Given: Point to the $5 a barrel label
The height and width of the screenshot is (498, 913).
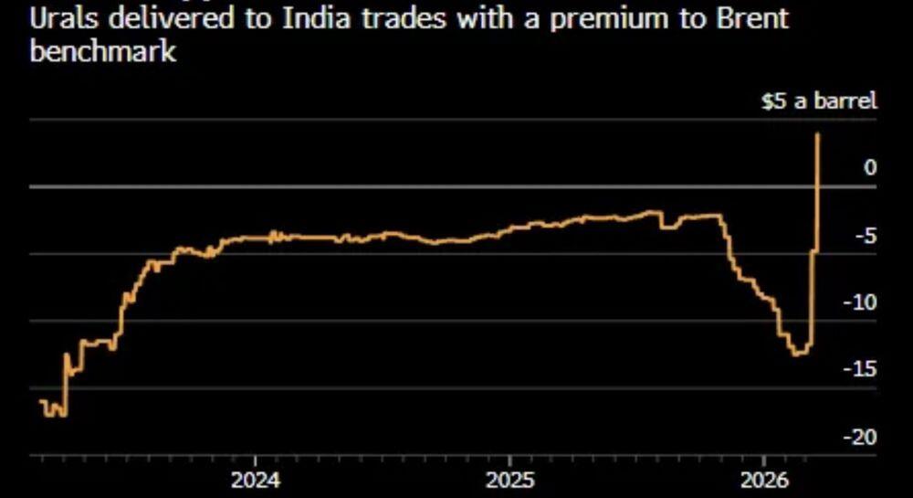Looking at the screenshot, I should pyautogui.click(x=819, y=101).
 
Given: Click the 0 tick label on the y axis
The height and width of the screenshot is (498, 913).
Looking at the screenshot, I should pyautogui.click(x=870, y=167).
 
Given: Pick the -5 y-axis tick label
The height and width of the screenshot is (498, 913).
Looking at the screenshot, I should pyautogui.click(x=865, y=235).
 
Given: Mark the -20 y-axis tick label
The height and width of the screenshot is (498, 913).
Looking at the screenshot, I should pyautogui.click(x=860, y=437).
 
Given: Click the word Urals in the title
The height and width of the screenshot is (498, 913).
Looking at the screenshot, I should pyautogui.click(x=59, y=18).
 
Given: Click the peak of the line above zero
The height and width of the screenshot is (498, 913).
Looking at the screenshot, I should pyautogui.click(x=817, y=134).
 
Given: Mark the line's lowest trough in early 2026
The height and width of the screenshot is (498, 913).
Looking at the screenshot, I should pyautogui.click(x=798, y=355).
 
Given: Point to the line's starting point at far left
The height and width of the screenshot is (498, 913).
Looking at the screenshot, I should pyautogui.click(x=41, y=400).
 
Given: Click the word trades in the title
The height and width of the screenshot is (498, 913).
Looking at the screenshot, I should pyautogui.click(x=403, y=18).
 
